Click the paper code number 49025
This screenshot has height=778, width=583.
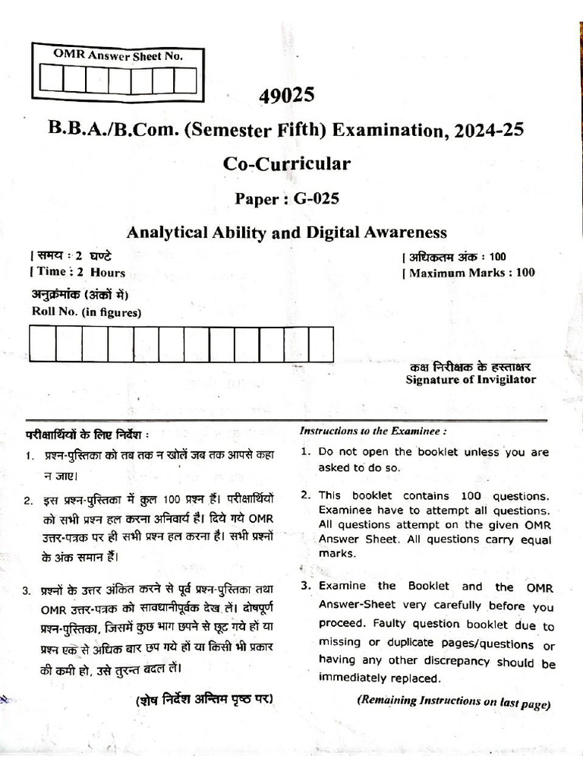(286, 96)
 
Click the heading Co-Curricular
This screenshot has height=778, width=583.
(286, 164)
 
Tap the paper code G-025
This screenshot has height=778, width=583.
(307, 199)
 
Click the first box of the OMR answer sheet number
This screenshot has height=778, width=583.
(52, 79)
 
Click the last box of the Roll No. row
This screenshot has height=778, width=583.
(321, 344)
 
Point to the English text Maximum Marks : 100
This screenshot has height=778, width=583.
(471, 272)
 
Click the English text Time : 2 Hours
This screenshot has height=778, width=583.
(78, 272)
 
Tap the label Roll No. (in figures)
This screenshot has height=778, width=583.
(86, 311)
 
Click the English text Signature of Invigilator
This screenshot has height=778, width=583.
(471, 379)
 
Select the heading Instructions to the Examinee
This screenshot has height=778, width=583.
(373, 431)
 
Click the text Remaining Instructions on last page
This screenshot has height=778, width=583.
(453, 702)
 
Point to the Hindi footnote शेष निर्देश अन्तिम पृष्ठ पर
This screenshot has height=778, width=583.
(203, 699)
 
